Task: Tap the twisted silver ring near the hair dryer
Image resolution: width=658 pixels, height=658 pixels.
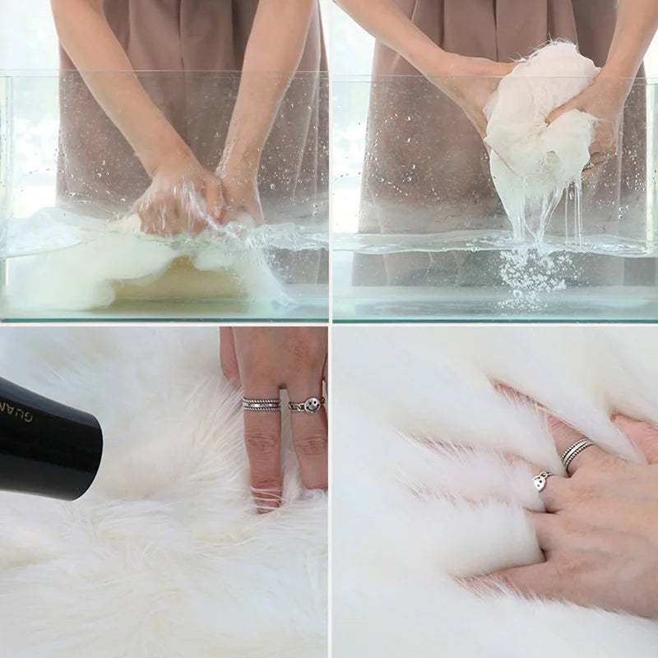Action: click(x=261, y=404)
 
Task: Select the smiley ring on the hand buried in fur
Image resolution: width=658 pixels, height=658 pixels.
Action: click(x=541, y=481)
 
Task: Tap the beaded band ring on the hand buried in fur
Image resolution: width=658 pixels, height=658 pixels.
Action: click(x=576, y=452)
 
